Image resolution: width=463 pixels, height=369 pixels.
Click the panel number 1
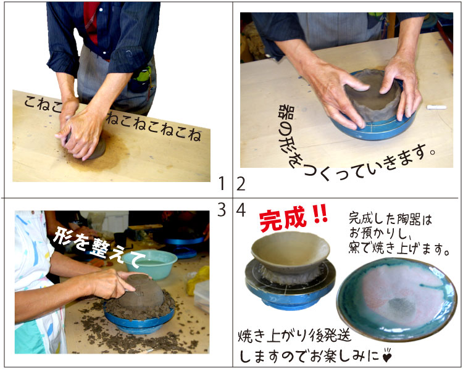click(x=222, y=184)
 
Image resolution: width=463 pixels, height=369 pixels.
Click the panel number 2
click(x=241, y=184)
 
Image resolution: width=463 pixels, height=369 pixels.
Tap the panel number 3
click(x=222, y=210)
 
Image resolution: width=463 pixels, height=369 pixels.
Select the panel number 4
click(x=241, y=210)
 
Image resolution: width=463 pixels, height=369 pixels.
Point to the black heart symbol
click(x=387, y=356)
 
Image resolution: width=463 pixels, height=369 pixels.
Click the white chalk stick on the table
click(x=436, y=107)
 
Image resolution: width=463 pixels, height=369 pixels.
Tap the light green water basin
click(x=150, y=264)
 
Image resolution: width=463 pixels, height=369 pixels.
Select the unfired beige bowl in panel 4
click(x=290, y=249)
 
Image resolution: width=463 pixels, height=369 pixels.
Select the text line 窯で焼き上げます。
click(x=399, y=249)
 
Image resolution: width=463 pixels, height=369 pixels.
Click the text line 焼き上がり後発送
click(x=294, y=336)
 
